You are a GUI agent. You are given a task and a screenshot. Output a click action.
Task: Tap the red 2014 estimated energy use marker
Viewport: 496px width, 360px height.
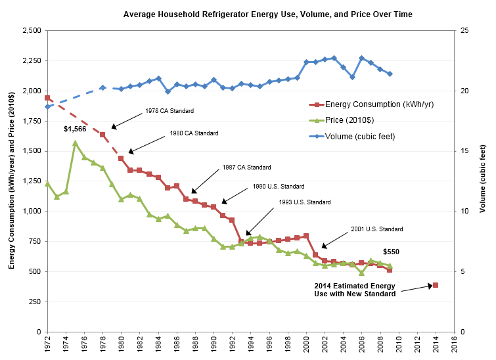[435, 285]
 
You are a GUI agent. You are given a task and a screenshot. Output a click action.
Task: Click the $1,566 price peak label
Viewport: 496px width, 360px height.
[75, 129]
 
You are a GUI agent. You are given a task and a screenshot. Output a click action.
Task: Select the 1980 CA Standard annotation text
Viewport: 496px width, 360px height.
[194, 133]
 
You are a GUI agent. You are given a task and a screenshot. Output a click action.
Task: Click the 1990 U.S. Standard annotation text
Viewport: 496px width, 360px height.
[278, 187]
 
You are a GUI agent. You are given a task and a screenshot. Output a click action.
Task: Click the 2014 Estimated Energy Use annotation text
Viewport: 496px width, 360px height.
[355, 290]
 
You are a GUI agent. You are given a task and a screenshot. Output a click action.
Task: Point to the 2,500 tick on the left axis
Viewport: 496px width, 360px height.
[30, 31]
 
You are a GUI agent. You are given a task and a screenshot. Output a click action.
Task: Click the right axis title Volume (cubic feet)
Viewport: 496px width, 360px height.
[484, 181]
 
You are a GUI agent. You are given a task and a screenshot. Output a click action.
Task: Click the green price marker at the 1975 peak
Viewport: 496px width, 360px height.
[75, 143]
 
